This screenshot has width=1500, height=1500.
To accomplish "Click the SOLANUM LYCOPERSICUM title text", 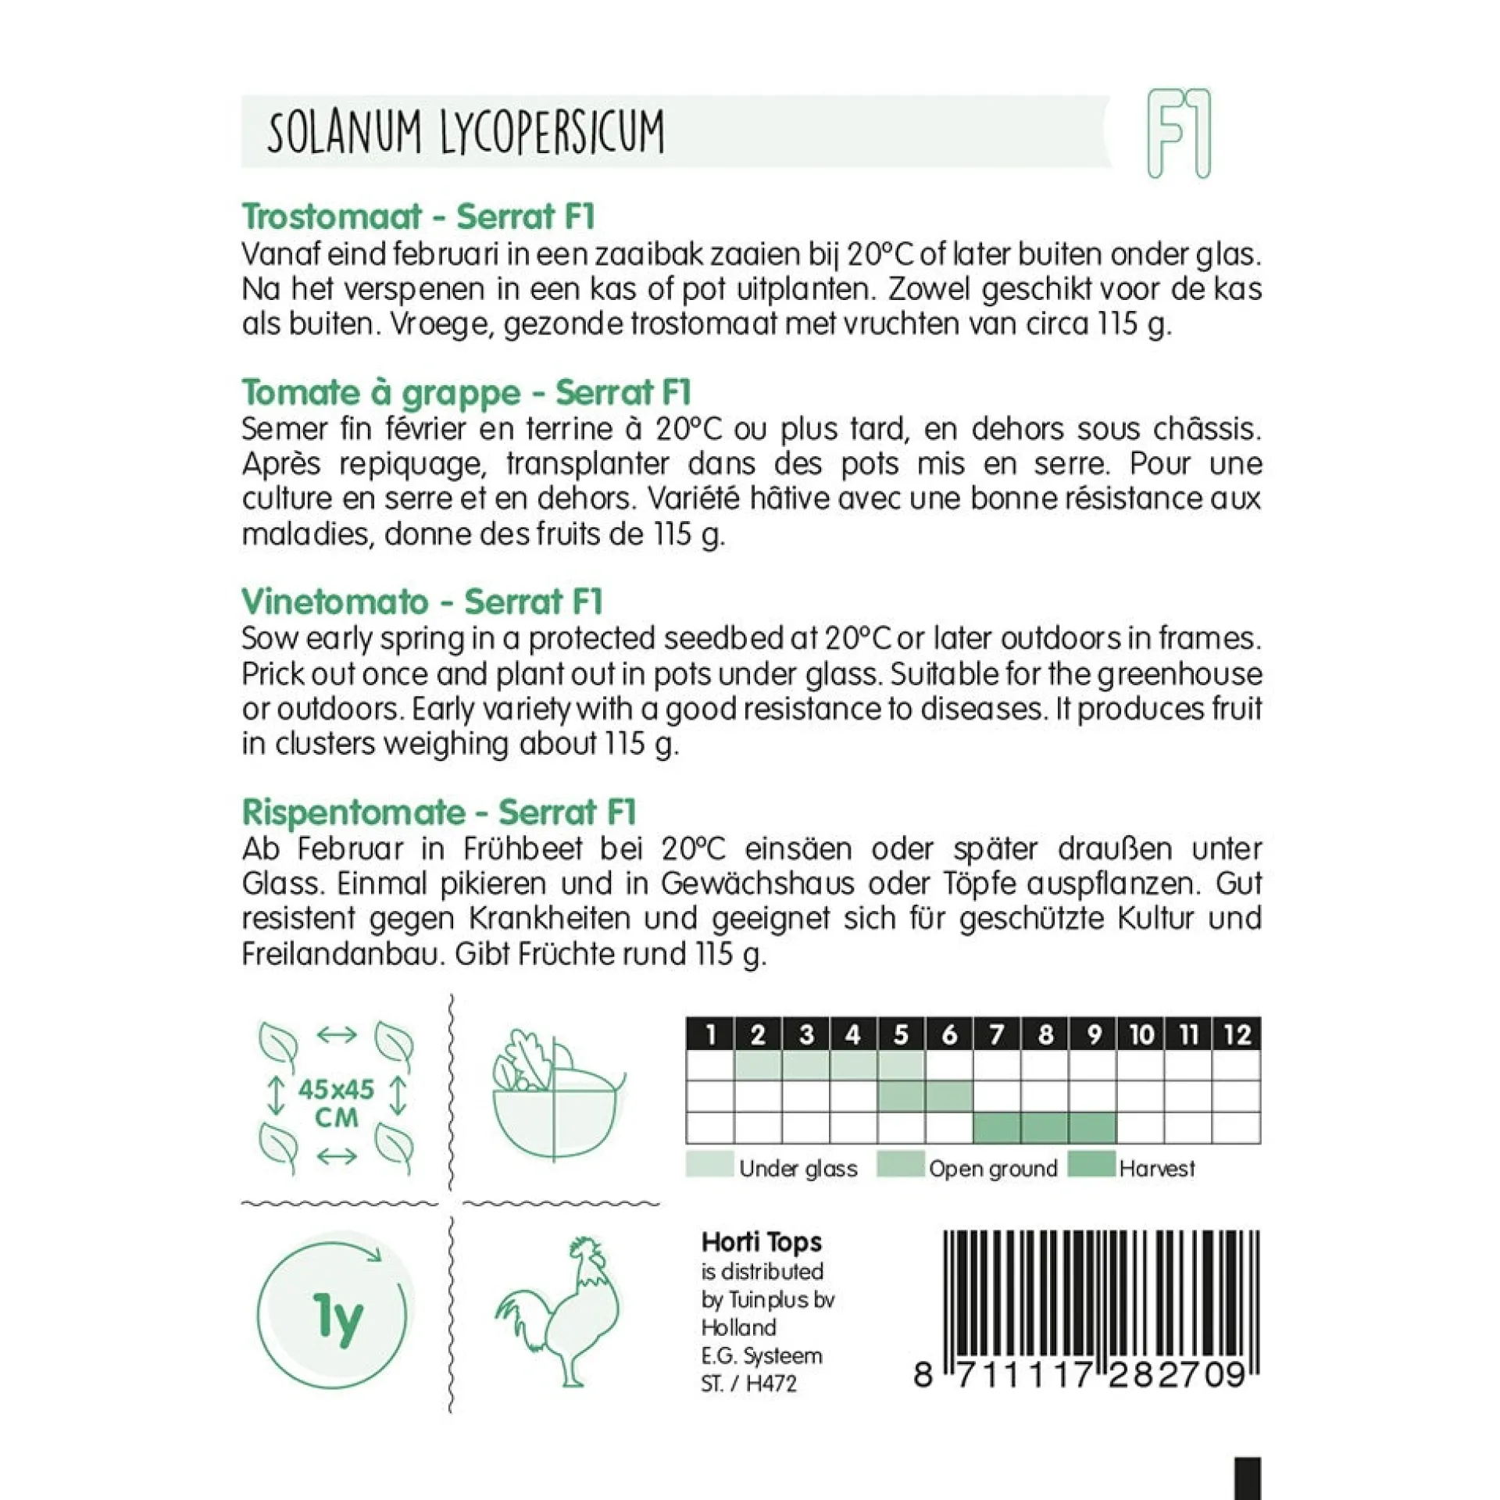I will (x=466, y=131).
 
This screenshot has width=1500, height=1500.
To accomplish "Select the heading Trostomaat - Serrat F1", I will (x=419, y=216).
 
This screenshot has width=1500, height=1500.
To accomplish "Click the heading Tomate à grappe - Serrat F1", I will (x=466, y=392).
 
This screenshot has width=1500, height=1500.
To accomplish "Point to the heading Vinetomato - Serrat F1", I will (x=422, y=602).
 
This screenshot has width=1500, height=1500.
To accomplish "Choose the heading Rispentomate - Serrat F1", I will (x=439, y=812).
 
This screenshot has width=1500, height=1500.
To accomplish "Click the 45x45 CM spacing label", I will (x=336, y=1102).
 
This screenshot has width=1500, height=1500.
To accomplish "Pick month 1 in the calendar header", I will (x=710, y=1034).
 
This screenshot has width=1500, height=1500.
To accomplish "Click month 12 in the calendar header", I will (x=1237, y=1034).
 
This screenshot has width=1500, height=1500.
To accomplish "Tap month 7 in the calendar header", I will (x=997, y=1034).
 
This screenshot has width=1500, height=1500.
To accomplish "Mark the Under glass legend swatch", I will (x=709, y=1164).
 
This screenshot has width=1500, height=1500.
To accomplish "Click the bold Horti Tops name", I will (x=761, y=1242).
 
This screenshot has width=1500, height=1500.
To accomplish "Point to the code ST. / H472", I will (x=748, y=1384).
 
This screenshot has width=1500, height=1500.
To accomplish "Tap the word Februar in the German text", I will (x=364, y=848).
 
